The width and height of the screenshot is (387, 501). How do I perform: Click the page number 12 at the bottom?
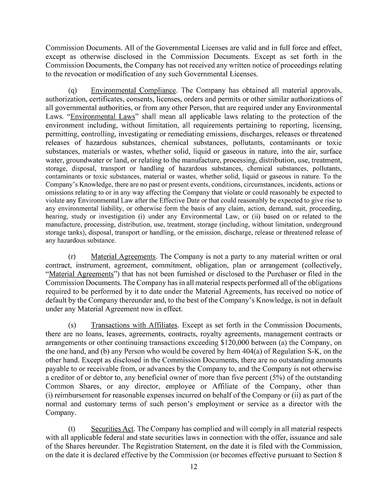[193, 467]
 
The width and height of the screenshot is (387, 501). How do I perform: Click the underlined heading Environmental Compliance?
[134, 91]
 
